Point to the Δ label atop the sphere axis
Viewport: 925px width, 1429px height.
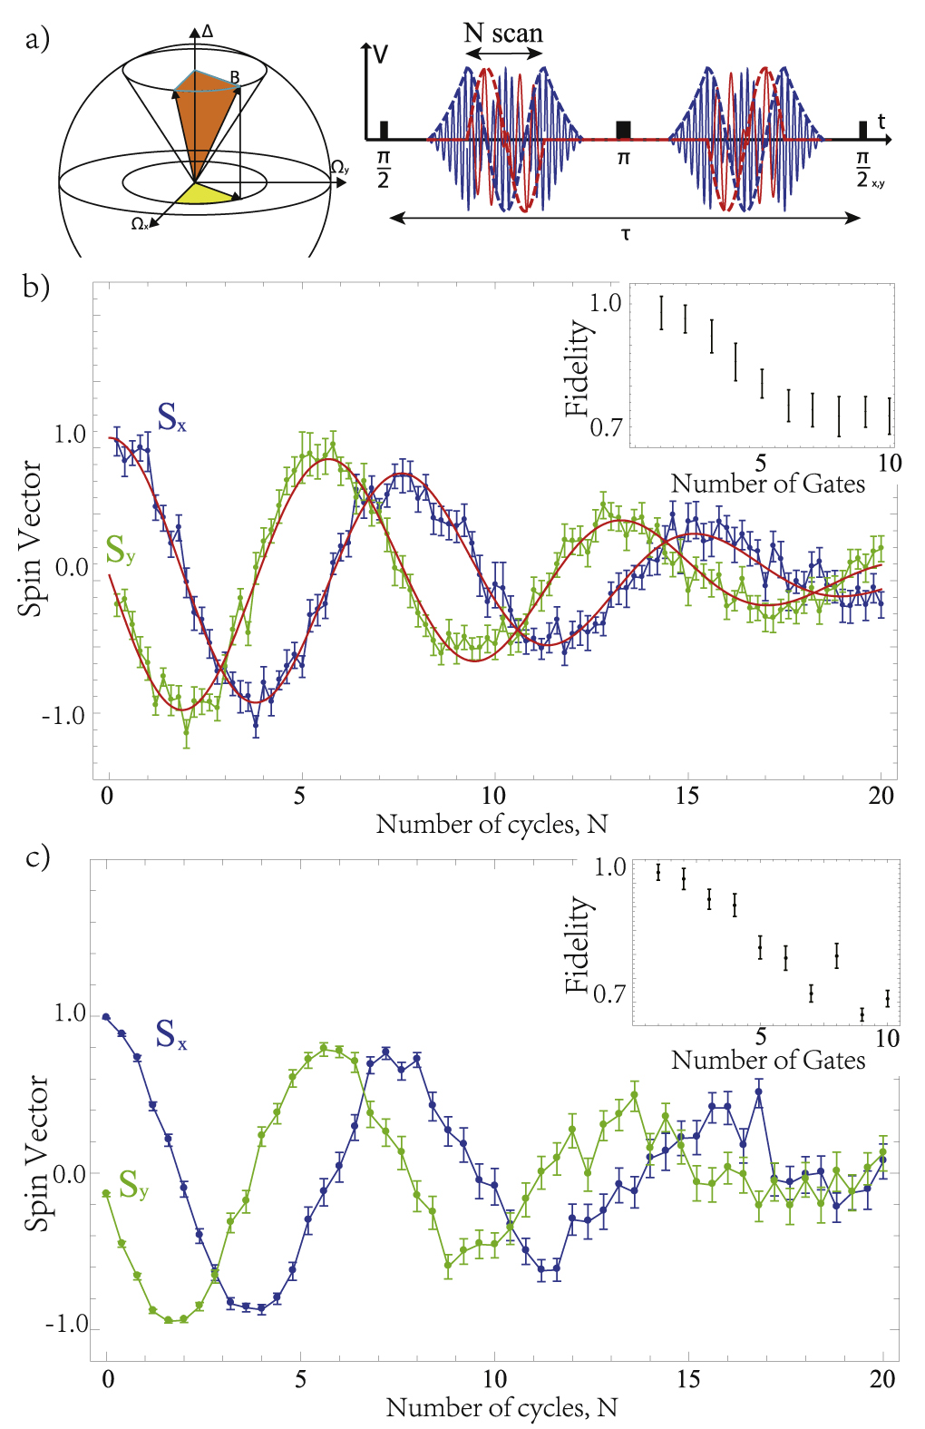pos(208,32)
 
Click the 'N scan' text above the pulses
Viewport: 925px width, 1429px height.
pos(503,34)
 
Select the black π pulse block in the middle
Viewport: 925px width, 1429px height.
pos(623,130)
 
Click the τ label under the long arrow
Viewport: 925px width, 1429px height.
pos(626,235)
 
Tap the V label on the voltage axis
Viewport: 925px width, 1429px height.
pos(380,54)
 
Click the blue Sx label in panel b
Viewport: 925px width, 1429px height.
pos(170,416)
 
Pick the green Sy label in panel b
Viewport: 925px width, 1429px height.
pos(120,550)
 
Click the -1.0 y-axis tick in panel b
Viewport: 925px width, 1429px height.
pos(63,715)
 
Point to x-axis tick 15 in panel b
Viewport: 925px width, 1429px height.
pos(686,796)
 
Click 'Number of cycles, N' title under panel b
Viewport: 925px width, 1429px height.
pos(492,824)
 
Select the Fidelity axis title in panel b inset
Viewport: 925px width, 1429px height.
pos(577,367)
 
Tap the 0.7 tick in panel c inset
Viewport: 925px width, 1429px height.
pos(609,993)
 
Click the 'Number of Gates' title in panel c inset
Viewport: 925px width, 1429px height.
pos(768,1060)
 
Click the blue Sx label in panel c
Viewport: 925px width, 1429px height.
pos(170,1034)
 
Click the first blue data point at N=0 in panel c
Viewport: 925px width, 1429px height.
pos(106,1017)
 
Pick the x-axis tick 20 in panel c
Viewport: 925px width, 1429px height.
pos(882,1379)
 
